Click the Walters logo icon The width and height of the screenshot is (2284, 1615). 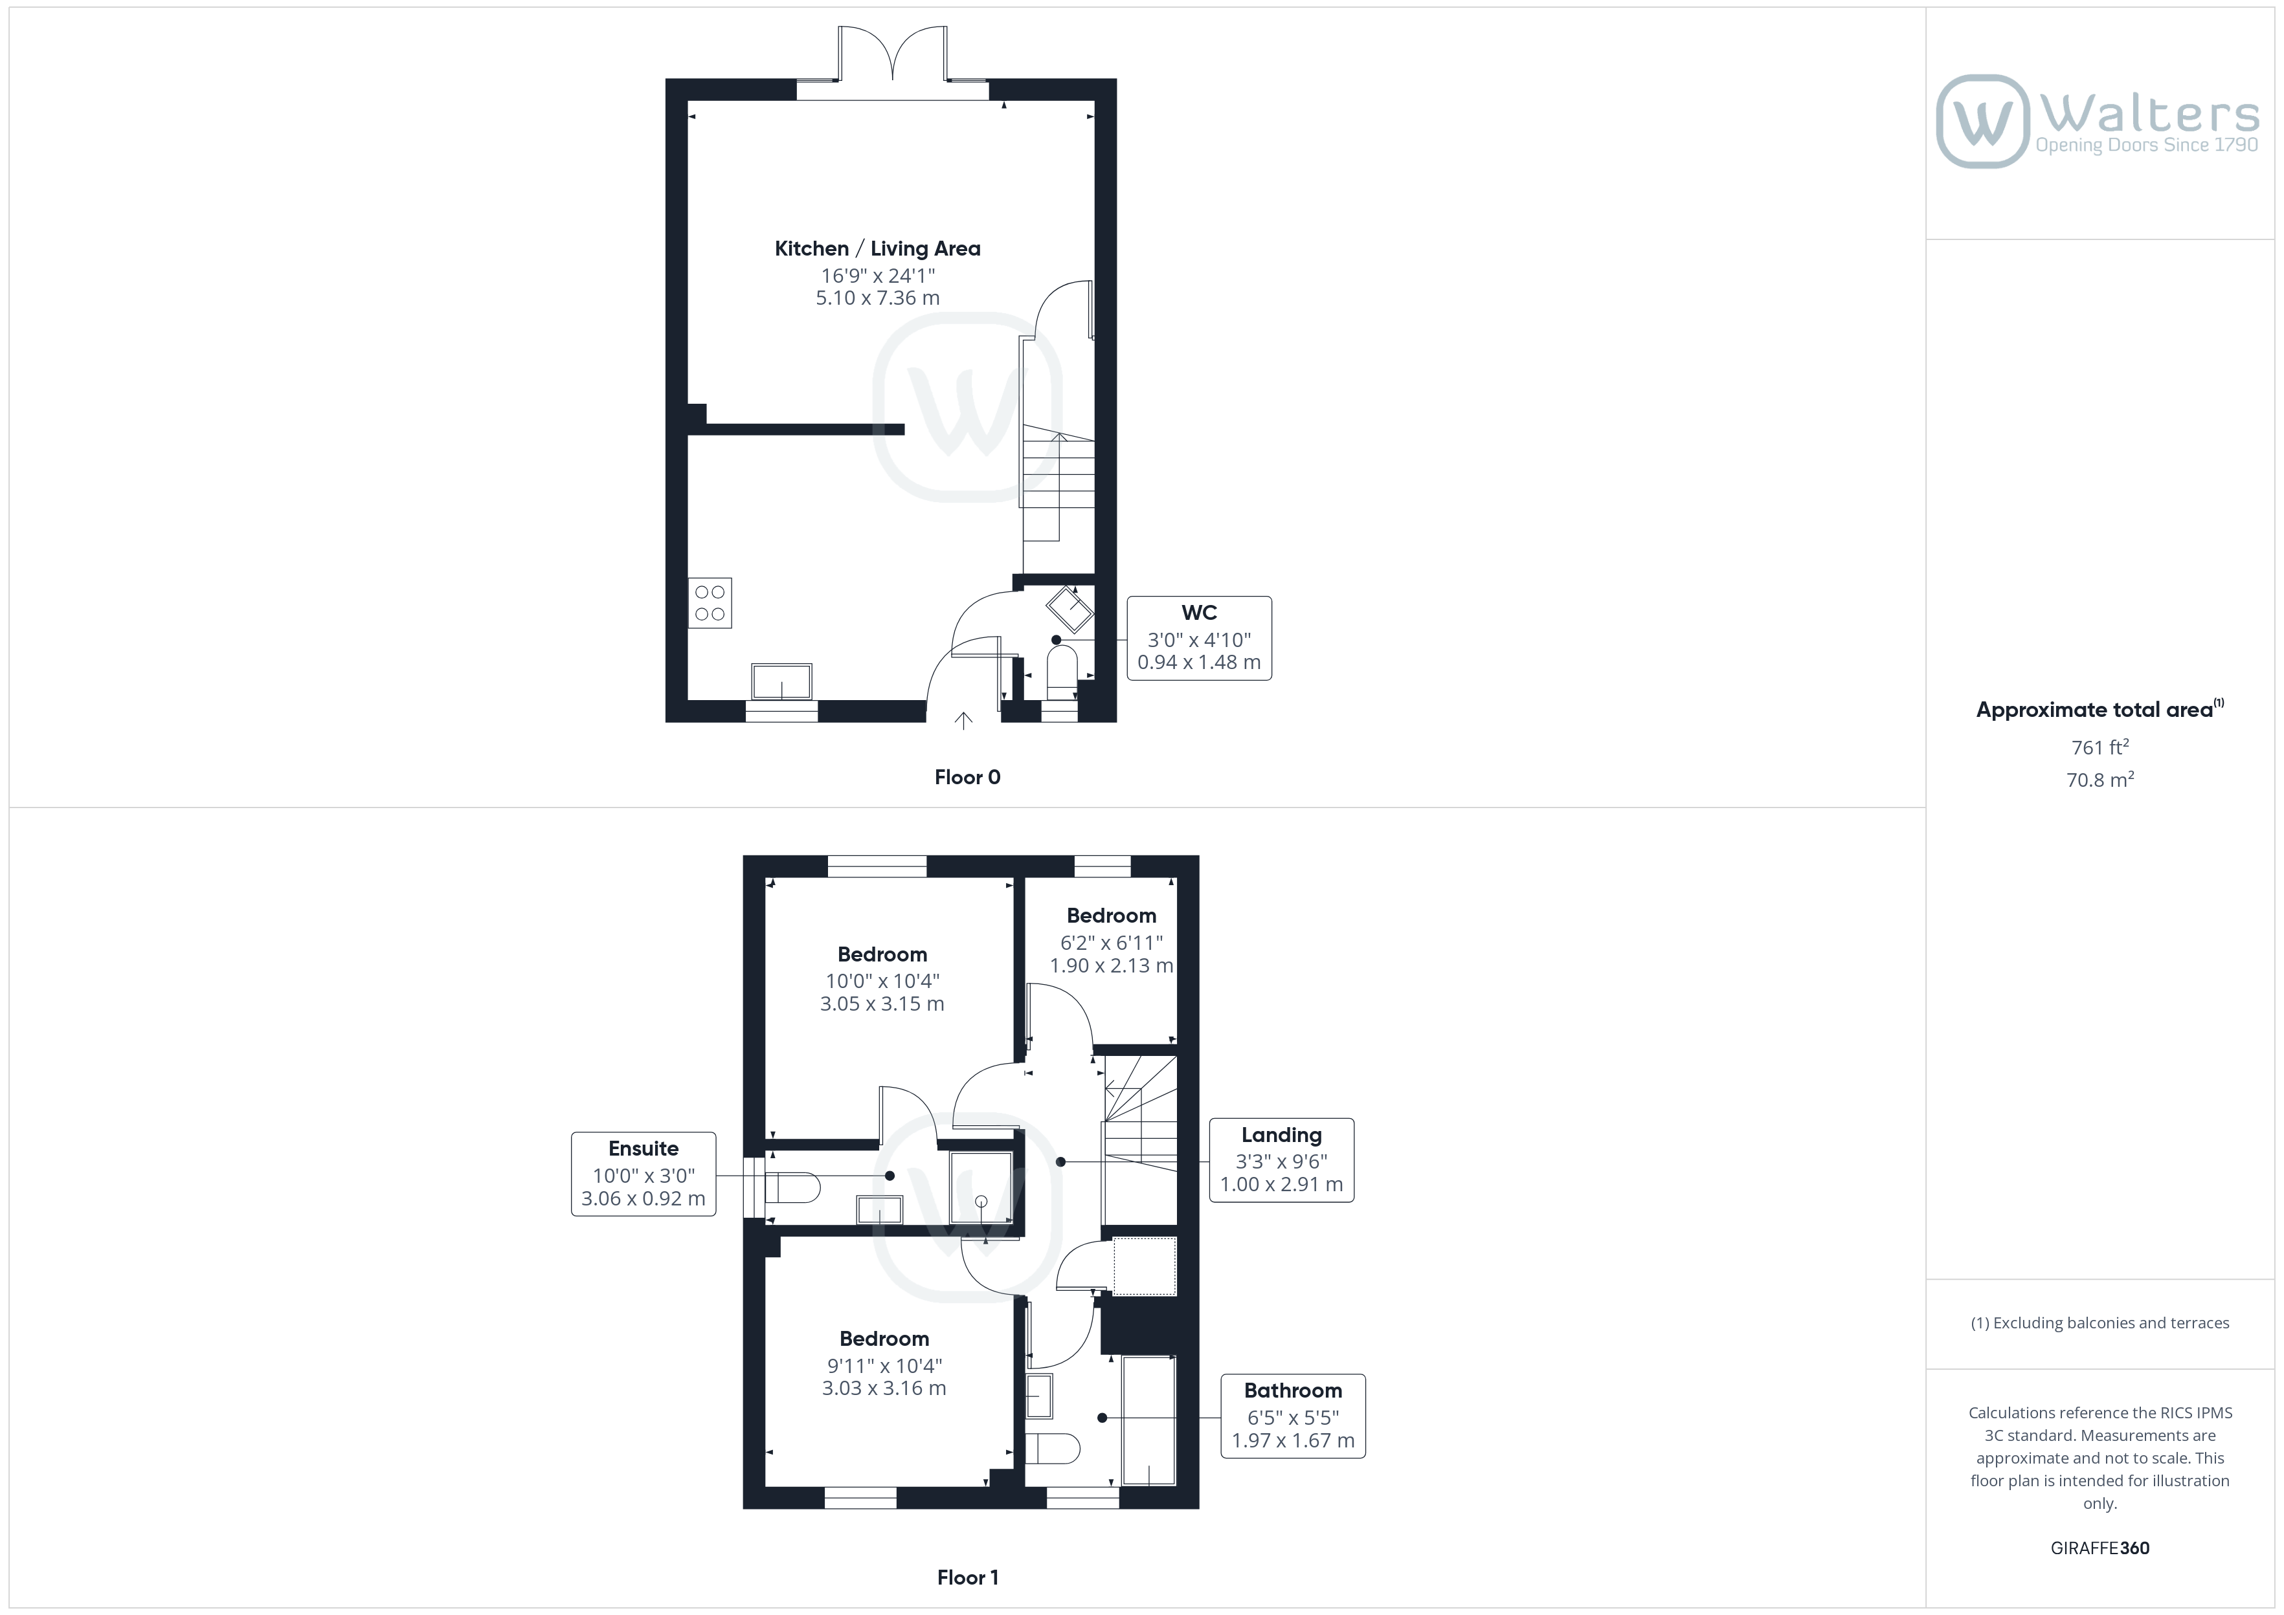click(x=1982, y=122)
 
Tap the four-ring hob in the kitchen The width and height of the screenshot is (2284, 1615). click(x=710, y=602)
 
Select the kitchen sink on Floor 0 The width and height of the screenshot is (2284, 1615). click(x=782, y=682)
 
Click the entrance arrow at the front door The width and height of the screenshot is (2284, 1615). click(x=963, y=721)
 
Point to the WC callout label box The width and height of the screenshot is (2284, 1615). click(x=1199, y=639)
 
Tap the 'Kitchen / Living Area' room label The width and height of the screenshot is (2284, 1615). click(x=877, y=248)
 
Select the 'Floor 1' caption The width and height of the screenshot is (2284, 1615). click(x=967, y=1577)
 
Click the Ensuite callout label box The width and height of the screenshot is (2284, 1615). click(x=644, y=1174)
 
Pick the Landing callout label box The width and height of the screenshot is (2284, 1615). click(x=1281, y=1159)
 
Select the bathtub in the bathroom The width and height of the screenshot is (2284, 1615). click(x=1149, y=1420)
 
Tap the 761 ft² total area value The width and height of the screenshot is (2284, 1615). click(x=2100, y=747)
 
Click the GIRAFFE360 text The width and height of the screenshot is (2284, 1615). click(x=2100, y=1548)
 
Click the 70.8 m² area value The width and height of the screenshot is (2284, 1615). click(x=2100, y=780)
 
